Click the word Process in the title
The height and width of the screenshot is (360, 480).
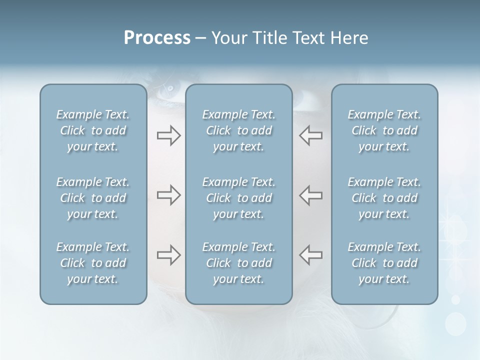coord(157,38)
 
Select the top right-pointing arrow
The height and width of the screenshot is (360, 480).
coord(168,135)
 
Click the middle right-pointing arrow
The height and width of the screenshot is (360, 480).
coord(168,195)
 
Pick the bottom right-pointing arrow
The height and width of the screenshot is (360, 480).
coord(168,255)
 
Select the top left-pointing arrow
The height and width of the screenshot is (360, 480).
coord(310,135)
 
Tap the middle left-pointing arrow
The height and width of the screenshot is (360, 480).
coord(310,195)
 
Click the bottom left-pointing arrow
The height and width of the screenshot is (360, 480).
coord(310,255)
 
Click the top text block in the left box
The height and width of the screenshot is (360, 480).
coord(93,130)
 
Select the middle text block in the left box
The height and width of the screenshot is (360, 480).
coord(93,198)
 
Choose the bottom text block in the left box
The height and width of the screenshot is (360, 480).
coord(93,263)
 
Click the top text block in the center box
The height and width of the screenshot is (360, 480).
coord(238,130)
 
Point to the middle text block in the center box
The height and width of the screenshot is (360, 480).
coord(238,198)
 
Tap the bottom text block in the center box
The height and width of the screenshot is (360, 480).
coord(238,263)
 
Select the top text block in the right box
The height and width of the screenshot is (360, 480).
coord(384,130)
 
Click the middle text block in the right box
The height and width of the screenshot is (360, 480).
coord(384,198)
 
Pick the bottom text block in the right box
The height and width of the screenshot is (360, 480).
coord(384,263)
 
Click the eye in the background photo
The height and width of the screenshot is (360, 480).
coord(170,89)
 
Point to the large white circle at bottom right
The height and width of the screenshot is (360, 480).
coord(455,323)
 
